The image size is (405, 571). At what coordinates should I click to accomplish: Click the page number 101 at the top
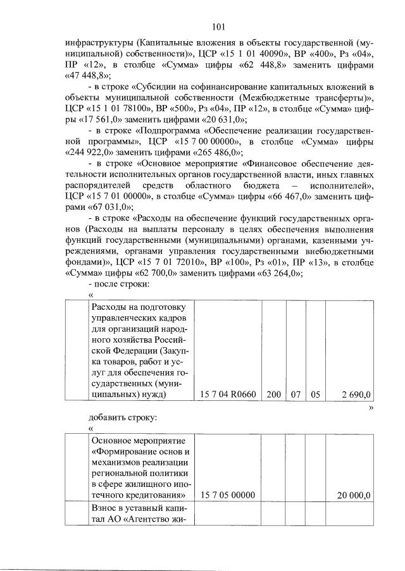(x=219, y=27)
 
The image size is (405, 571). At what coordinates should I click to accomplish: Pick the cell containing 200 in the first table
(x=273, y=395)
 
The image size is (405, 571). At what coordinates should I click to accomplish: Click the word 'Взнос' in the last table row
(x=106, y=509)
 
